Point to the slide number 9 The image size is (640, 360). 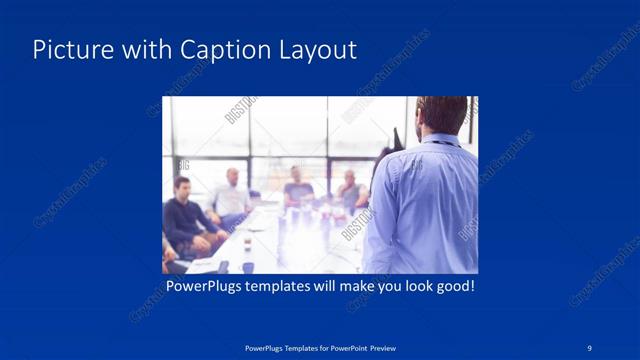(x=590, y=347)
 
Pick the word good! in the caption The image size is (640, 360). (x=452, y=287)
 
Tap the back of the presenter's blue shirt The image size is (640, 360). (x=425, y=205)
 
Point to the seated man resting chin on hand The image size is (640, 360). (x=349, y=190)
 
